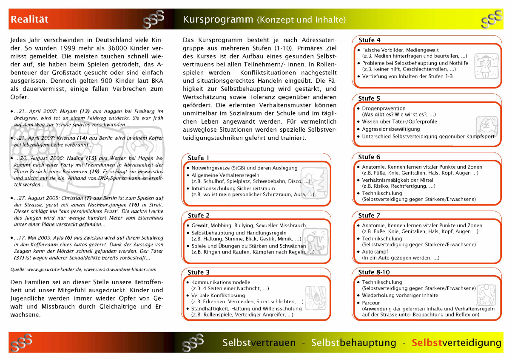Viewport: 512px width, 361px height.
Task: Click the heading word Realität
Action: tap(29, 20)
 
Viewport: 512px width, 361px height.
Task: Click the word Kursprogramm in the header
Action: tap(218, 20)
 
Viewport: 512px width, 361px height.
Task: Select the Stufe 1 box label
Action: tap(198, 158)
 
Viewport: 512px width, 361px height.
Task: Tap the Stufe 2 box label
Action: tap(199, 215)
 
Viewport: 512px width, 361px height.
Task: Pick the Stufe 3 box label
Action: tap(199, 272)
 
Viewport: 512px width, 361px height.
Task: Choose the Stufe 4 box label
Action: tap(369, 40)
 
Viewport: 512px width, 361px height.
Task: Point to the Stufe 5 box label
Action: tap(369, 99)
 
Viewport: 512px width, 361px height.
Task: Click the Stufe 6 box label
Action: tap(369, 157)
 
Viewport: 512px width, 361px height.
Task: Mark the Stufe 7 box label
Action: tap(369, 215)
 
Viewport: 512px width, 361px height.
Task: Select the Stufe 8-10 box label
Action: tap(374, 272)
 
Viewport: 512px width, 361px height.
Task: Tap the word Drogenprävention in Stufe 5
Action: tap(384, 108)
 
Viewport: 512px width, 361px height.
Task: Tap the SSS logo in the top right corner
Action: tap(492, 20)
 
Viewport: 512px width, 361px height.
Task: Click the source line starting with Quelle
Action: tap(83, 269)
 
